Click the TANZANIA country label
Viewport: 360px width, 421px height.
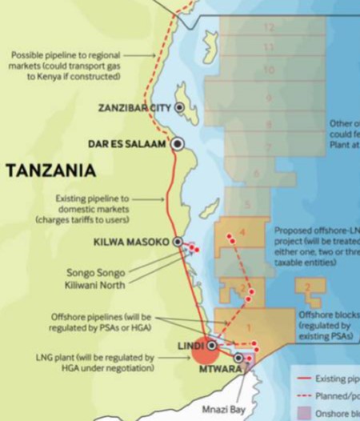tap(50, 170)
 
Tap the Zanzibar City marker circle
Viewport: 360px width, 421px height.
tap(181, 107)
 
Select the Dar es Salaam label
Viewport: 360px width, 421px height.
tap(127, 144)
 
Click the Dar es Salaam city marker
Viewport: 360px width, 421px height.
tap(178, 143)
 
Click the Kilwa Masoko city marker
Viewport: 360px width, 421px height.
tap(178, 242)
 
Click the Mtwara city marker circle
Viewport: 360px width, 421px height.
tap(239, 358)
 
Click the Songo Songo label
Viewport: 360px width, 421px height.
tap(95, 272)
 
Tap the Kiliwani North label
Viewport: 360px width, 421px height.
tap(95, 283)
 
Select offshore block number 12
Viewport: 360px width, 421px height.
tap(269, 28)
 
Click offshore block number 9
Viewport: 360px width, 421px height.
tap(269, 98)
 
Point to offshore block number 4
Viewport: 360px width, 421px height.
tap(242, 232)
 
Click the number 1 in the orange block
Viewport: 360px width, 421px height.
tap(249, 327)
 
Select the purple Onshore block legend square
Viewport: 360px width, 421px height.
tap(303, 414)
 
